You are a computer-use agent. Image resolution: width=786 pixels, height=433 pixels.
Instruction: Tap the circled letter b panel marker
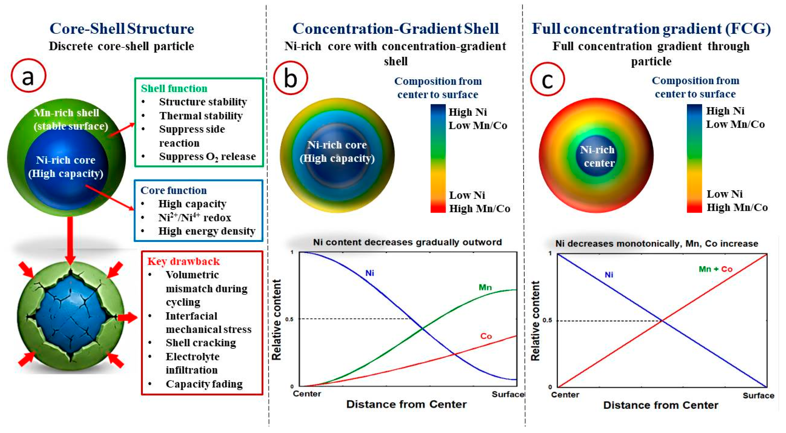coord(291,78)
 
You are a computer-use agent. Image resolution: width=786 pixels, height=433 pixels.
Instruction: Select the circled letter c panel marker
coord(547,79)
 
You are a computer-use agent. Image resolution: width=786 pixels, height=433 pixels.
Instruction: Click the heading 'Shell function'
coord(174,88)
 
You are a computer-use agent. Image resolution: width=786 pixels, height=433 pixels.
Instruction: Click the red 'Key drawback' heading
coord(183,261)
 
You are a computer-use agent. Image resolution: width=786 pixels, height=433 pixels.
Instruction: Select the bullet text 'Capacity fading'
coord(204,384)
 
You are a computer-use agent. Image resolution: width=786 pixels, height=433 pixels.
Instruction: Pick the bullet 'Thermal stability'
coord(201,116)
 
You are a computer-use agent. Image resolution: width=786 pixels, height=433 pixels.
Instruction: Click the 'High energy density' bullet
coord(207,231)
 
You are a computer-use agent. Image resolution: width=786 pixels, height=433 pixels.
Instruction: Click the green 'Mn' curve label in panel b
coord(485,287)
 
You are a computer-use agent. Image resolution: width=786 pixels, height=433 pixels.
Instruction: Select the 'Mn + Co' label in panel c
coord(716,269)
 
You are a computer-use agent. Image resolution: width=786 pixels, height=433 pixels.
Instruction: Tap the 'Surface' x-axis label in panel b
coord(508,394)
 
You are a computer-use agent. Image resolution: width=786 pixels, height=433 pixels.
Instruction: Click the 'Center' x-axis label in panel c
coord(565,395)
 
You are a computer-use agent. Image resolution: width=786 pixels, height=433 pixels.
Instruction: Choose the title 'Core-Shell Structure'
coord(122,28)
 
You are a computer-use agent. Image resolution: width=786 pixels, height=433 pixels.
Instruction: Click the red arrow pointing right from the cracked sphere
coord(127,318)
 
